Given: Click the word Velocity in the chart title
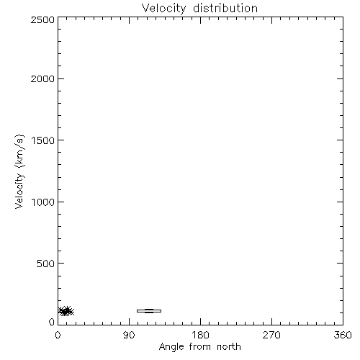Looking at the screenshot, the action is tap(164, 9).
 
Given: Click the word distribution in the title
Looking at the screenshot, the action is tap(225, 8).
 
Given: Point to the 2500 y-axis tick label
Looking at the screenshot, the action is tap(42, 19).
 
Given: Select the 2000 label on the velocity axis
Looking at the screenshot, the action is tap(42, 78).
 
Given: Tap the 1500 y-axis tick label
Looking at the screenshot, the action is tap(43, 140).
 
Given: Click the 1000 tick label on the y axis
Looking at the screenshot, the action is tap(43, 202).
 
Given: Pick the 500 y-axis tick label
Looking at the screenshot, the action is tap(46, 264).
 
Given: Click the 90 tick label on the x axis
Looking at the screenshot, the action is tap(129, 335).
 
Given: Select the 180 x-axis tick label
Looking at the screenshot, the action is tap(200, 335).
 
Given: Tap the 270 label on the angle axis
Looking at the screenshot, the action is tap(271, 335).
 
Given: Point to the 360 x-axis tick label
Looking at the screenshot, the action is tap(343, 335).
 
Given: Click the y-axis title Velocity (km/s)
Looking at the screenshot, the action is tap(19, 171).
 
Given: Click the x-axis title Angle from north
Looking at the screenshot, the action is tap(200, 347).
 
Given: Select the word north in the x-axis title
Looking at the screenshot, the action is tap(229, 347).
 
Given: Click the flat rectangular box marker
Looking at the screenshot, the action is tap(149, 311).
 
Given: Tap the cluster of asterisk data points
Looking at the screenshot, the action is tap(66, 311).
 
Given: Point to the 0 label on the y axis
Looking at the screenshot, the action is tap(52, 322).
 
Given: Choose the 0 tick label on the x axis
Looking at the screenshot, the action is tap(58, 335).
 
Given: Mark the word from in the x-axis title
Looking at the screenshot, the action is tap(201, 347).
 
